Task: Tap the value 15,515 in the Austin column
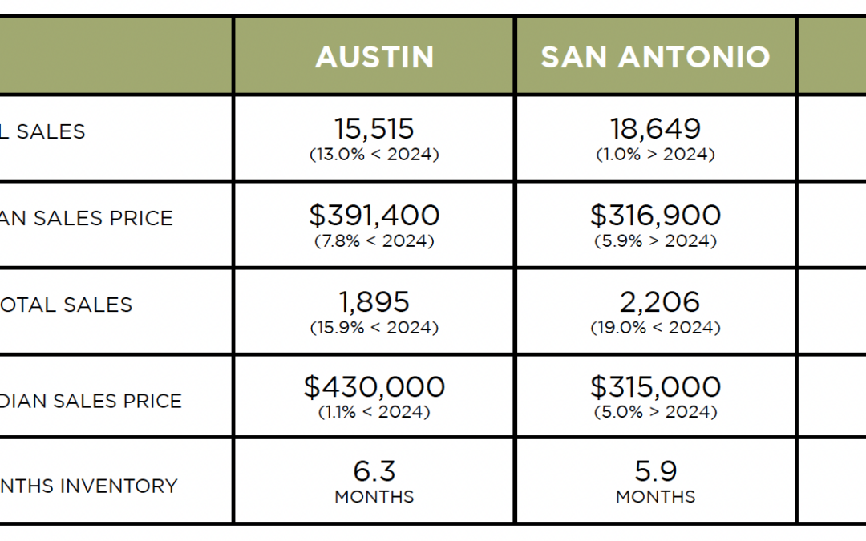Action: click(x=374, y=128)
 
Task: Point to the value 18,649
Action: click(x=655, y=128)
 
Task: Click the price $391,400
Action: click(x=374, y=215)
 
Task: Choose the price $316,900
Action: click(x=655, y=215)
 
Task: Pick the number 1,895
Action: click(x=374, y=301)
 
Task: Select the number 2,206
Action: click(x=655, y=301)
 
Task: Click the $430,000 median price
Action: click(x=374, y=387)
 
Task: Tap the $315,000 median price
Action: click(x=655, y=387)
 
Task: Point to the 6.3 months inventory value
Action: click(x=374, y=470)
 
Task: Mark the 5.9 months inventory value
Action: click(x=655, y=470)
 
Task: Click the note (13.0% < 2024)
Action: click(x=374, y=155)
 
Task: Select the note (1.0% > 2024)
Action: click(x=655, y=155)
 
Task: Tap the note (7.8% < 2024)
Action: click(x=374, y=241)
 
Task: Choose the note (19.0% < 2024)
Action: click(x=655, y=328)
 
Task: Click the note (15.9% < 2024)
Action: click(x=374, y=328)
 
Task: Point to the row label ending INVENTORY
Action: click(x=88, y=486)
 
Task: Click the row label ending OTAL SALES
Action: click(x=66, y=305)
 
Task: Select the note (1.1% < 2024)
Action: click(x=374, y=413)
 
